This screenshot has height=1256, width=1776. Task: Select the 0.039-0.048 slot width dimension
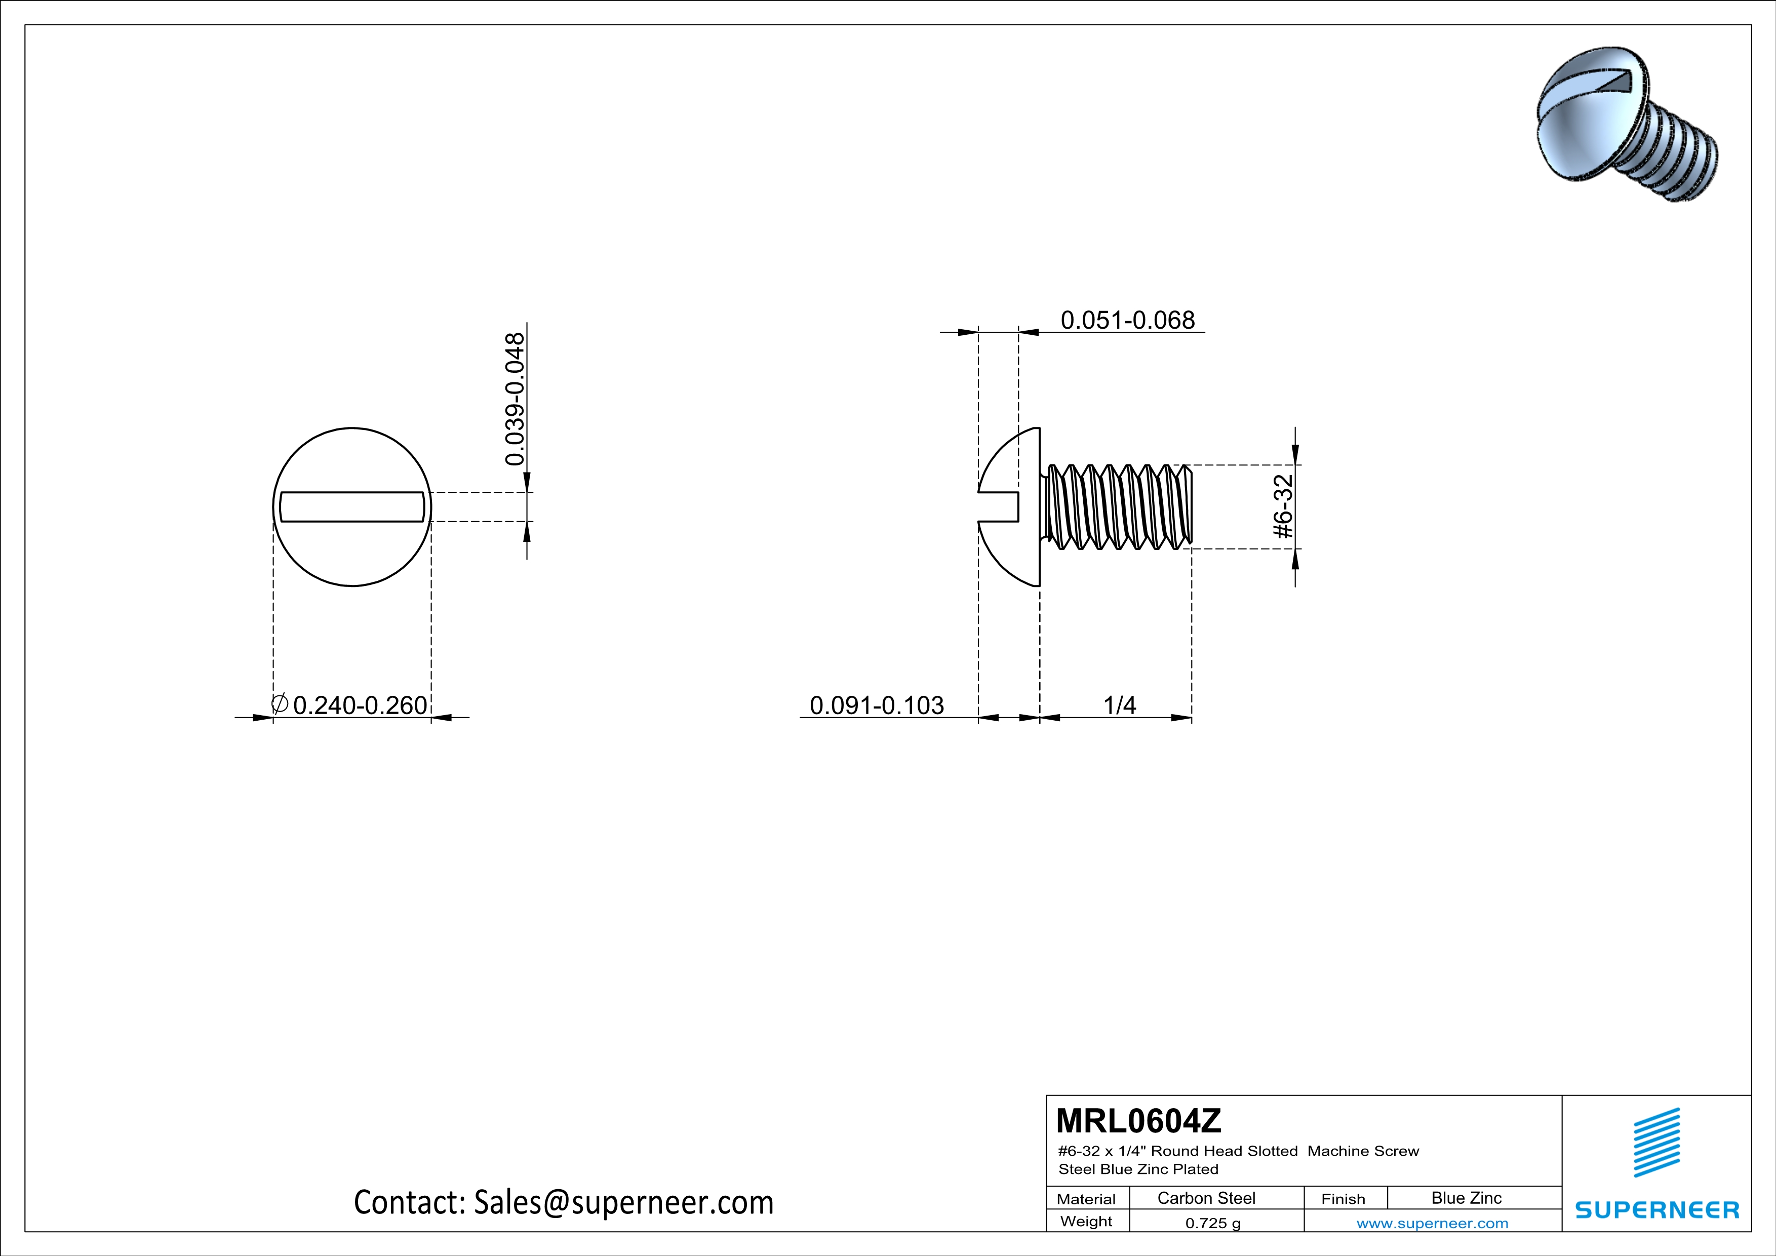pyautogui.click(x=515, y=399)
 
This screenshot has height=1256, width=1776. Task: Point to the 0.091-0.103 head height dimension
pyautogui.click(x=877, y=705)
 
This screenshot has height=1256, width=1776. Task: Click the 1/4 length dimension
pyautogui.click(x=1119, y=705)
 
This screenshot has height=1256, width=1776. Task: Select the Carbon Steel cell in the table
pyautogui.click(x=1206, y=1198)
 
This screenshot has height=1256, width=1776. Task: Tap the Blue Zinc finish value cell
pyautogui.click(x=1466, y=1198)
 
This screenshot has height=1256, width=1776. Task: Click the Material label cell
pyautogui.click(x=1086, y=1199)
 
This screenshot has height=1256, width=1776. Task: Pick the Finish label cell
pyautogui.click(x=1343, y=1199)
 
